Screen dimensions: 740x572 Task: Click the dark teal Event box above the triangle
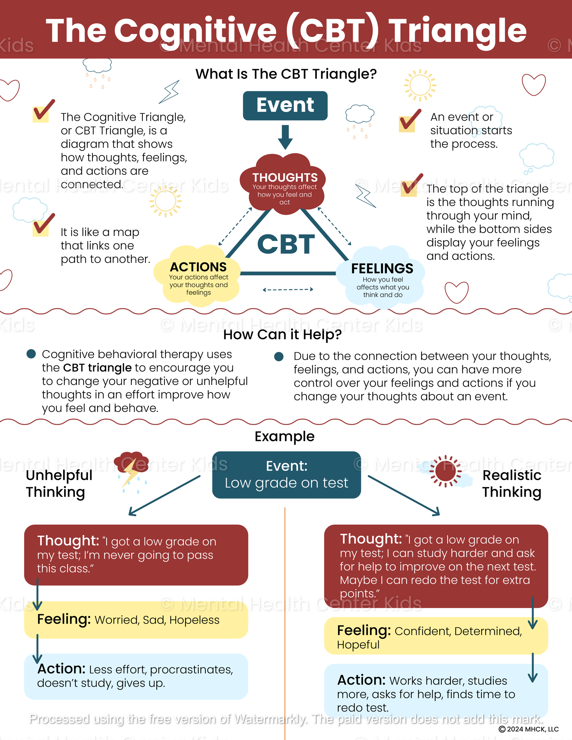coord(285,106)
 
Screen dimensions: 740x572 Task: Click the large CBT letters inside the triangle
coord(286,244)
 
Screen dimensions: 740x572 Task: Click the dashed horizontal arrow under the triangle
coord(288,289)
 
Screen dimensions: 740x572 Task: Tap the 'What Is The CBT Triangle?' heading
coord(286,74)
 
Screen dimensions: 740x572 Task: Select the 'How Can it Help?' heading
coord(282,334)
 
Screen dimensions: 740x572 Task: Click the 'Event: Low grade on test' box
coord(286,475)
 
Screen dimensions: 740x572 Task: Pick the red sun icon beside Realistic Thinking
coord(446,471)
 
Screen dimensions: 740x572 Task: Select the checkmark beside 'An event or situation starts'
coord(409,121)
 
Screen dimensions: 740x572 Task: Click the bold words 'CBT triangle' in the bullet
coord(97,368)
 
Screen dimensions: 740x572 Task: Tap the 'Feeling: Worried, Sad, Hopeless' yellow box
coord(136,620)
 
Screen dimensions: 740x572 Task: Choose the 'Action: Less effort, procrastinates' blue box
coord(136,676)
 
